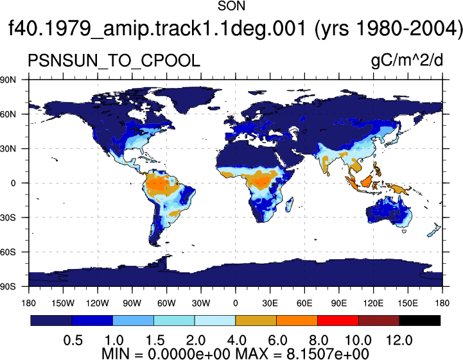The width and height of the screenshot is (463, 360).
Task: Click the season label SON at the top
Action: [x=231, y=6]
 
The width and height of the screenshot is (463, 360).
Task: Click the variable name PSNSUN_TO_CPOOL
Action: [x=114, y=61]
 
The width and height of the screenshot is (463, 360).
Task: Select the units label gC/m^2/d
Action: [x=407, y=60]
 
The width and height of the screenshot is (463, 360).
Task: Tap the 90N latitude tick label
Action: [x=8, y=80]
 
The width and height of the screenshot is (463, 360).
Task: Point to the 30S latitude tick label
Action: [x=8, y=218]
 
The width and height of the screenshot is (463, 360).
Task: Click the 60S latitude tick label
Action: [x=8, y=252]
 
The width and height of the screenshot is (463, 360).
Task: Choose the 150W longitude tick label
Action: [x=63, y=303]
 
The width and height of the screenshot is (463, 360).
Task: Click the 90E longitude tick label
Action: [x=338, y=303]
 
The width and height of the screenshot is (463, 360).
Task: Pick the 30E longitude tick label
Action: [x=270, y=303]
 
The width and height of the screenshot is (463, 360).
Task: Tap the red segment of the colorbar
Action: [x=338, y=320]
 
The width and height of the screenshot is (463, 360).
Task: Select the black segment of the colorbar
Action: [x=419, y=320]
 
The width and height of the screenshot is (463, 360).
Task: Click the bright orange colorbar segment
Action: [x=297, y=320]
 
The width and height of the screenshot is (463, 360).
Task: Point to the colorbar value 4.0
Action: [x=236, y=341]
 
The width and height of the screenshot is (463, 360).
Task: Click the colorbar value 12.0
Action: [x=399, y=341]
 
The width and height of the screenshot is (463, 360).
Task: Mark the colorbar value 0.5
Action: [x=73, y=341]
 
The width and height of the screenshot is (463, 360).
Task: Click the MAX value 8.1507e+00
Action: [x=328, y=354]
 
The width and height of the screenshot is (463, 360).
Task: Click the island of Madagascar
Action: [x=290, y=205]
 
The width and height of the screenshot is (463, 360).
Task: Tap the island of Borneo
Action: [x=366, y=181]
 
